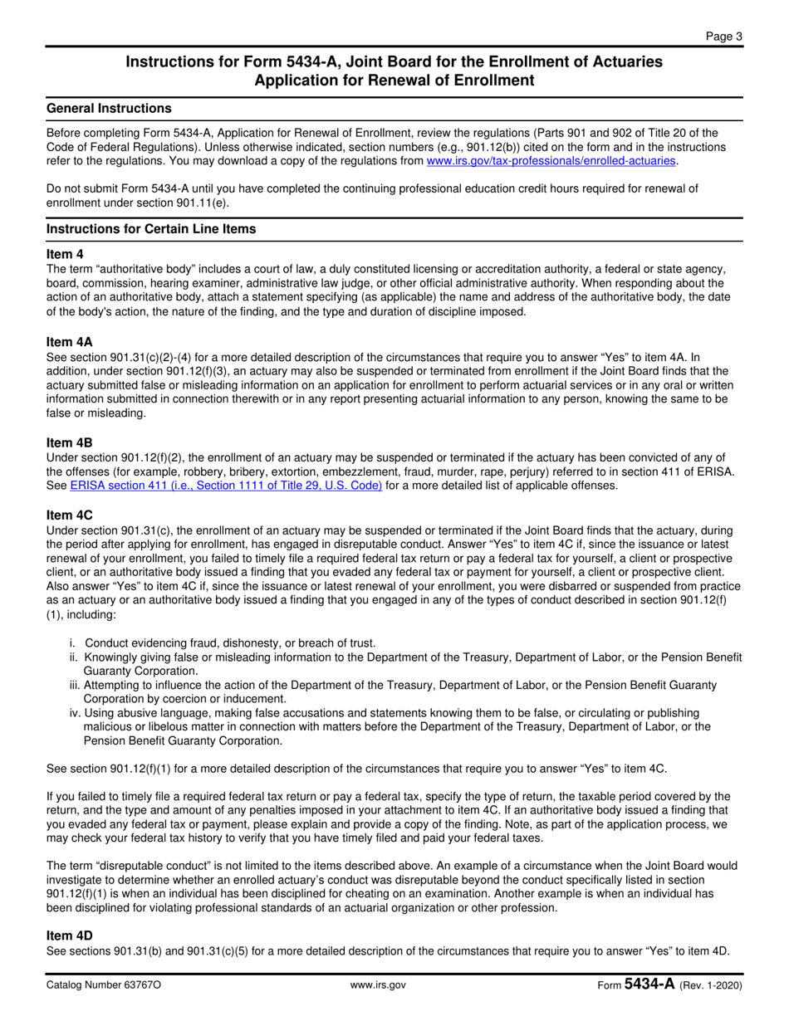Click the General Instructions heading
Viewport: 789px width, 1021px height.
pyautogui.click(x=109, y=109)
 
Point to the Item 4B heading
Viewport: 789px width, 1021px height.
pyautogui.click(x=69, y=443)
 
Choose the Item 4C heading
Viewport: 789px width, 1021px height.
pyautogui.click(x=69, y=515)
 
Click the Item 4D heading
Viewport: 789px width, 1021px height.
pyautogui.click(x=69, y=936)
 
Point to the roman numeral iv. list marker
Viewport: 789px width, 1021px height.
pyautogui.click(x=75, y=713)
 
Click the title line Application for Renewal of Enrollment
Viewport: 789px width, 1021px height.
pyautogui.click(x=394, y=81)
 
